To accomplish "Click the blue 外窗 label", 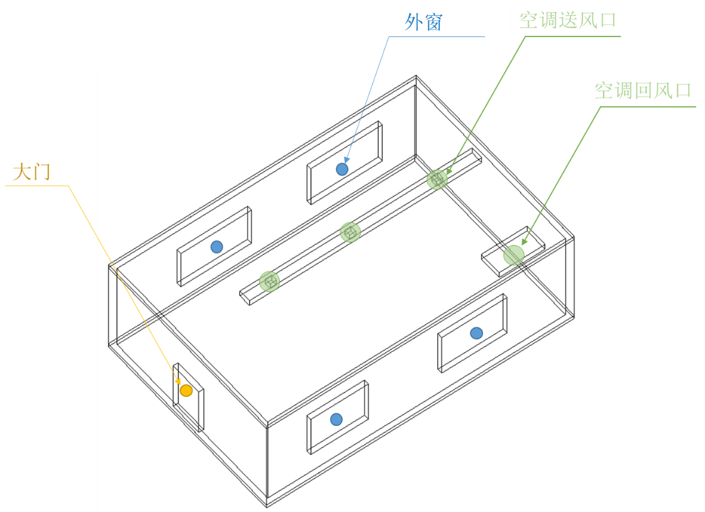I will click(x=423, y=23).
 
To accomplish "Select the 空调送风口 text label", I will click(x=567, y=21).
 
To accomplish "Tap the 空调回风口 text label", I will click(x=643, y=91).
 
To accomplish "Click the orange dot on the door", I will click(x=186, y=391).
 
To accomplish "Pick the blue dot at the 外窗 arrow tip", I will click(x=342, y=169).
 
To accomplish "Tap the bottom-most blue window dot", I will click(x=336, y=419).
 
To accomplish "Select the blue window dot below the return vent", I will click(x=477, y=333).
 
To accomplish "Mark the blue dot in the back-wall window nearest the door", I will click(x=217, y=247).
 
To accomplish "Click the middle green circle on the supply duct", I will click(x=350, y=232).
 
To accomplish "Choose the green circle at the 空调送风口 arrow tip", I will click(x=437, y=179).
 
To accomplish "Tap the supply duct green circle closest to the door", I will click(x=270, y=281).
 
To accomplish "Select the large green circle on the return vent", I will click(x=514, y=255).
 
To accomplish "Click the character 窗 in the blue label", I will click(x=433, y=23).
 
